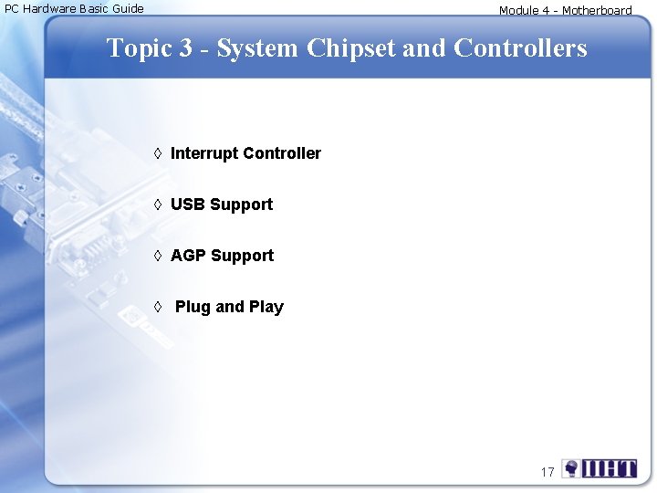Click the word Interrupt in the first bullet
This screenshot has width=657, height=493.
[x=204, y=153]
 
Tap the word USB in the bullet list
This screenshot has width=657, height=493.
[x=188, y=205]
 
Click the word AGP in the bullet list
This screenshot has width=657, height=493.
[x=188, y=256]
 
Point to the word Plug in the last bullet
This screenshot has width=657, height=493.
[x=193, y=307]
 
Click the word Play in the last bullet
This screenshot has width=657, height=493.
[x=266, y=307]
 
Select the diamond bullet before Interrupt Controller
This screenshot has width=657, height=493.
[x=158, y=153]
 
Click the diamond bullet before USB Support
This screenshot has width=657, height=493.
[x=158, y=205]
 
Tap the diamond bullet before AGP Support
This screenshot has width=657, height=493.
[x=158, y=256]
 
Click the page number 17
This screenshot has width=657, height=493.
[x=547, y=472]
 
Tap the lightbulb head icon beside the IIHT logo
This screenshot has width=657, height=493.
[x=571, y=468]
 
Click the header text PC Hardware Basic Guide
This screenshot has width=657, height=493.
[x=74, y=9]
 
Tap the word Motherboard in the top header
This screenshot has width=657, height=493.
[x=597, y=11]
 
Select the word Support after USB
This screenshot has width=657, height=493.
[x=241, y=205]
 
